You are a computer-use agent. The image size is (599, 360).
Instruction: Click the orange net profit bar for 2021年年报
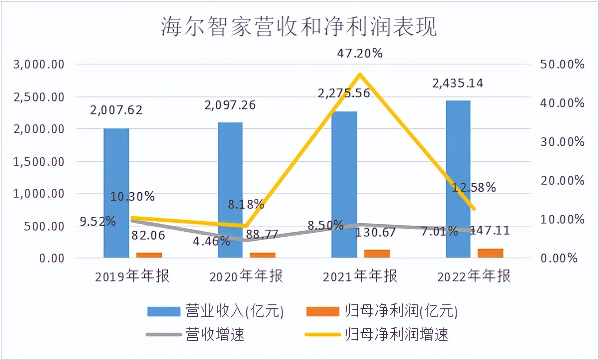pyautogui.click(x=378, y=254)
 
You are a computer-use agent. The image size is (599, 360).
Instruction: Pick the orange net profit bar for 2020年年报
pyautogui.click(x=263, y=255)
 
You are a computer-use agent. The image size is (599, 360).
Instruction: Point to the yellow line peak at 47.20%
pyautogui.click(x=359, y=74)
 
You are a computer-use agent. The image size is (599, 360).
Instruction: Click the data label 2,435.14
pyautogui.click(x=458, y=84)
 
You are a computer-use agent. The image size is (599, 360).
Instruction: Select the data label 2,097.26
pyautogui.click(x=231, y=105)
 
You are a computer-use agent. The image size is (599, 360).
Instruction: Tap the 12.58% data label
pyautogui.click(x=474, y=187)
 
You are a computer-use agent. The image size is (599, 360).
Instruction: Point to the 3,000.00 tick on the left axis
pyautogui.click(x=40, y=64)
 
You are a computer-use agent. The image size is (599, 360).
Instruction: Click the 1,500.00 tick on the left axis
pyautogui.click(x=40, y=161)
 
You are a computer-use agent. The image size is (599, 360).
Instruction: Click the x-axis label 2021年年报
pyautogui.click(x=360, y=276)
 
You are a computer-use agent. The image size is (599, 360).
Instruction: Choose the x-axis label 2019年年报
pyautogui.click(x=132, y=276)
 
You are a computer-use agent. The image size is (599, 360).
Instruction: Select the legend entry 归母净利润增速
pyautogui.click(x=397, y=334)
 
